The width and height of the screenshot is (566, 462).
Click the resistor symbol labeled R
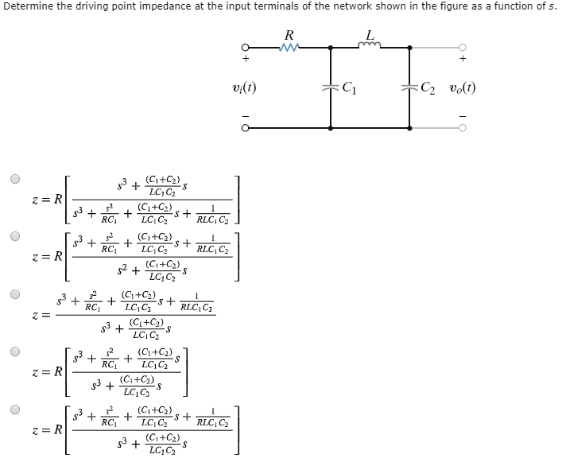click(x=289, y=48)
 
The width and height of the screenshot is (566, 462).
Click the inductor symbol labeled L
click(x=370, y=46)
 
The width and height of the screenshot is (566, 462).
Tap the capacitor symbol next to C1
click(x=330, y=87)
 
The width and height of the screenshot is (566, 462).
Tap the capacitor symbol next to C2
click(x=409, y=87)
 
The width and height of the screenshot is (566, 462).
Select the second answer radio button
click(x=14, y=236)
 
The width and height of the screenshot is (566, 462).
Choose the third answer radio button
click(x=14, y=293)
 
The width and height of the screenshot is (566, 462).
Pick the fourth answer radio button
click(x=14, y=351)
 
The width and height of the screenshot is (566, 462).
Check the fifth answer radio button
click(x=14, y=410)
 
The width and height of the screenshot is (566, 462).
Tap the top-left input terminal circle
click(x=246, y=48)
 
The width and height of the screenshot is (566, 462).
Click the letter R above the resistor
click(x=289, y=34)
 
